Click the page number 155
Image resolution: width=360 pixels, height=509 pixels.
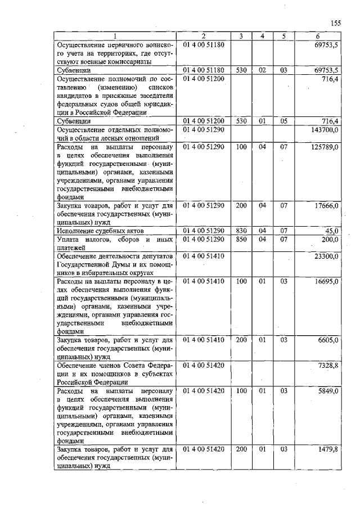click(336, 23)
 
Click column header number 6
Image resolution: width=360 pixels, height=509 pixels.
click(318, 37)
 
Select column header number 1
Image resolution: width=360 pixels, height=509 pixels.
click(115, 37)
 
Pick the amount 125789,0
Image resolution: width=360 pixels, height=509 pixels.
click(325, 147)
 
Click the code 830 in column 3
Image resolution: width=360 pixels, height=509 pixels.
click(241, 231)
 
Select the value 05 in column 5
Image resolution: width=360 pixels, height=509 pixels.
click(284, 121)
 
